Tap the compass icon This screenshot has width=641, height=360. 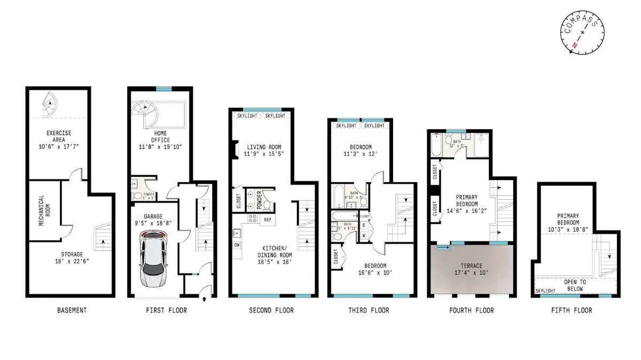click(583, 33)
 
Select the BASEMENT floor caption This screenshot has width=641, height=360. click(72, 310)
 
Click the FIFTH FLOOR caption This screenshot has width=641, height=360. click(573, 310)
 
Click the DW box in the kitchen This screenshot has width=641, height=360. click(237, 245)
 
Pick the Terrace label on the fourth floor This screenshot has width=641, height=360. click(472, 265)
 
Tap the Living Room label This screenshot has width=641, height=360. click(263, 147)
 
